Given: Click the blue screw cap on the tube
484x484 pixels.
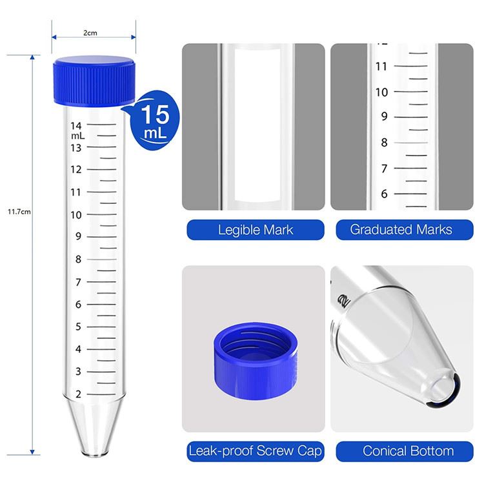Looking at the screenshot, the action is (94, 81).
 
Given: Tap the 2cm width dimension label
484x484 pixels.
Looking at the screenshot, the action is (90, 33).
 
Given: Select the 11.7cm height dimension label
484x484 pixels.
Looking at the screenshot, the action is (19, 212).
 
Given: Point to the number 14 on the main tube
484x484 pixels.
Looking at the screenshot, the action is (76, 126).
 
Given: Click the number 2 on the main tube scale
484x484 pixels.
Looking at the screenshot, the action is (78, 394).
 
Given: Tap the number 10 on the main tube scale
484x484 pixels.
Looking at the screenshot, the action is (76, 215).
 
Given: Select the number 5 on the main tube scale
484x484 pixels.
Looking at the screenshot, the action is (78, 327).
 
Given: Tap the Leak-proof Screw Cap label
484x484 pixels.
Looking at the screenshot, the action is (256, 451).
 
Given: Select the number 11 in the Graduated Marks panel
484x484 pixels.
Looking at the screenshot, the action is (381, 66).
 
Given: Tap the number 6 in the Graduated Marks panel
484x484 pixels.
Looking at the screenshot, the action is (384, 194).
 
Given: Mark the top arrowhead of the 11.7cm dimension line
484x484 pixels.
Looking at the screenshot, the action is (32, 57).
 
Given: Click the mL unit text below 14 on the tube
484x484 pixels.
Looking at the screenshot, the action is (77, 136).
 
